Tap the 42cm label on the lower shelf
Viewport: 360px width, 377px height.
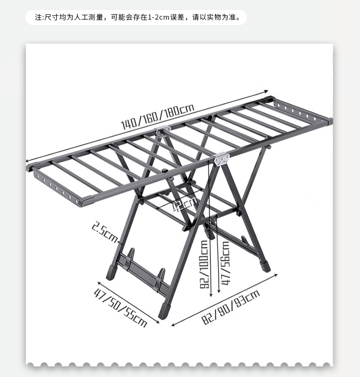[x=175, y=205]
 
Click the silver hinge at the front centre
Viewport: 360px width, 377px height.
[x=221, y=159]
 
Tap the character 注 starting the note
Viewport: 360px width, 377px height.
[x=39, y=18]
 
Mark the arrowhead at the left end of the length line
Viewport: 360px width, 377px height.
[x=28, y=161]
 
